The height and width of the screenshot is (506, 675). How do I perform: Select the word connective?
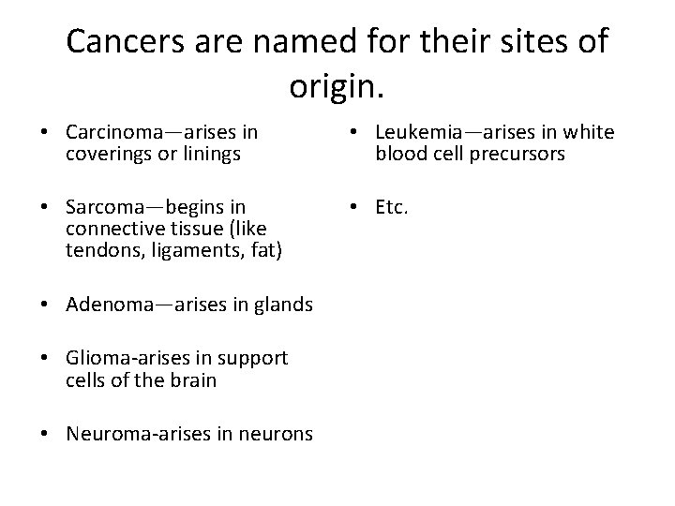tap(110, 227)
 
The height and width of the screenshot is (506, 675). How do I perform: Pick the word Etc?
tap(393, 206)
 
